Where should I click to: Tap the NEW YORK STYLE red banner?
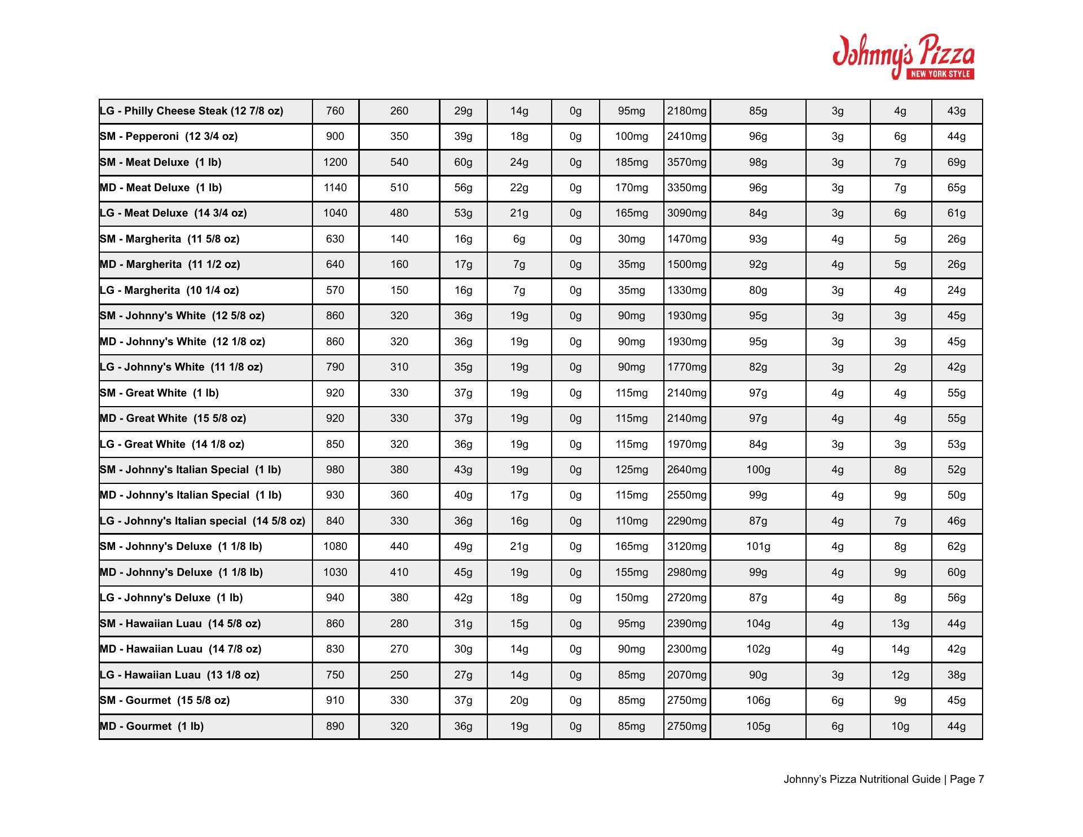939,74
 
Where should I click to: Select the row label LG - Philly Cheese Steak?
191,111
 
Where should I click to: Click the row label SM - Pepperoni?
169,136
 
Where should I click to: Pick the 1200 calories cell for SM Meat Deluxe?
335,162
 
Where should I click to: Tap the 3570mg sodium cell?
686,162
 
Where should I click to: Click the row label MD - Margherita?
170,265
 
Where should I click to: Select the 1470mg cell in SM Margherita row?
686,239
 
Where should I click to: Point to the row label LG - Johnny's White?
181,367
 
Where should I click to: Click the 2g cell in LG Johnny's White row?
900,367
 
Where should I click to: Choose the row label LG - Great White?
172,444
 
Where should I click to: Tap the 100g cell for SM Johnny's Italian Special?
758,470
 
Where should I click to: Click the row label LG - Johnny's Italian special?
202,521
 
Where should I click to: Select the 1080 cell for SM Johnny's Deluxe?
335,547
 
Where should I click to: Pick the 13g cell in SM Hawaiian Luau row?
900,624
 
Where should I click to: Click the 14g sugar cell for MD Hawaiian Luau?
900,649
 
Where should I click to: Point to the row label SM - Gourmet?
165,701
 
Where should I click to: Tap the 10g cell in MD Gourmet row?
900,726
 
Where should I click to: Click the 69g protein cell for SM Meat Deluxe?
956,162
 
